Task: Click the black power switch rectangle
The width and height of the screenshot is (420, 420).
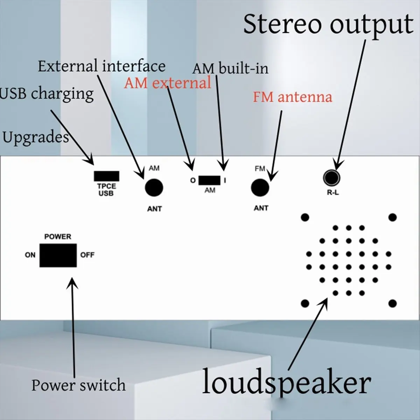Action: point(58,255)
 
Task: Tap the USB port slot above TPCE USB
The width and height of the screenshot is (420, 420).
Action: point(106,176)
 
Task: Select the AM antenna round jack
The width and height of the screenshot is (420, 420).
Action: point(154,188)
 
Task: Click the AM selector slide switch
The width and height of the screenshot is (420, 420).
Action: point(209,181)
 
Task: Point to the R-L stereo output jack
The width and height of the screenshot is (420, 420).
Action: point(331,177)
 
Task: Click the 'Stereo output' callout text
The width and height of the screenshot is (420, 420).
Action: point(328,24)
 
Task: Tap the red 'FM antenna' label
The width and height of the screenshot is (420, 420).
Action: point(292,97)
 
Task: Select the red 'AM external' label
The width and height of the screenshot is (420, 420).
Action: point(168,83)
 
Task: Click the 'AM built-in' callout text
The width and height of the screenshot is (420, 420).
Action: point(230,68)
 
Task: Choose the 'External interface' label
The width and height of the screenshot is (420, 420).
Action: point(101,66)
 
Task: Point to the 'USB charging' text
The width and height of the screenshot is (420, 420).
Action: point(47,94)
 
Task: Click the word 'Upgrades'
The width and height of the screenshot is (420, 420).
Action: point(35,137)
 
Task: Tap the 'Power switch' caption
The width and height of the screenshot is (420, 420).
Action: point(78,385)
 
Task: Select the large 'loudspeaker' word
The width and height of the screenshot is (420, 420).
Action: point(286,383)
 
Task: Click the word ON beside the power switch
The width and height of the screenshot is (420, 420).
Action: point(30,255)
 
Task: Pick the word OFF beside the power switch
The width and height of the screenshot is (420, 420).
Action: point(87,255)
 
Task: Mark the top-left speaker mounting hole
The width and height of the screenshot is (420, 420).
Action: point(305,217)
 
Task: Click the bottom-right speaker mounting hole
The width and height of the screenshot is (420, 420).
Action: point(392,303)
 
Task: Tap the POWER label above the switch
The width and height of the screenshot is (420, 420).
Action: point(58,237)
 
